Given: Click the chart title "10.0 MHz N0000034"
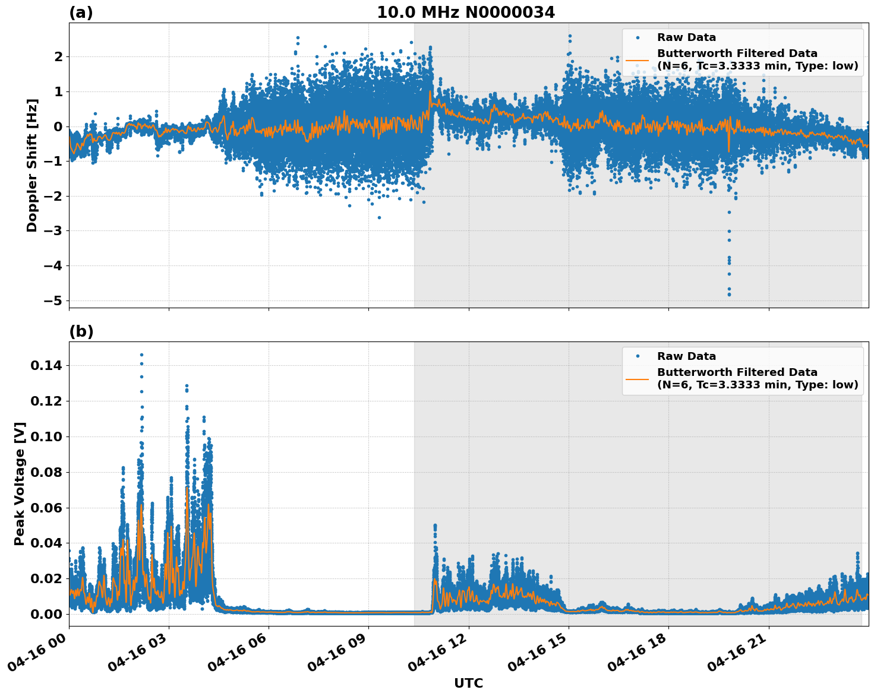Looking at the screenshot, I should (x=465, y=12).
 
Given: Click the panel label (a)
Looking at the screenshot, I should (x=81, y=12).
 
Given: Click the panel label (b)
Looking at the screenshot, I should (x=81, y=331).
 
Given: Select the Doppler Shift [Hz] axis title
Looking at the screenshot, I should (x=32, y=165).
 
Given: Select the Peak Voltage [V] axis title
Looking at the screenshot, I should (x=20, y=484).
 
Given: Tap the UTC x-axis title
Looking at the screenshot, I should (x=468, y=683).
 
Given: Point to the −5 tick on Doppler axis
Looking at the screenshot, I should (x=53, y=300).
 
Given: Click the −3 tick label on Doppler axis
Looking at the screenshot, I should (x=53, y=231).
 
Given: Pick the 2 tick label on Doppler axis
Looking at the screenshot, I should (x=58, y=57).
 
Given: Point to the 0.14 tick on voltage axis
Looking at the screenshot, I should (x=46, y=366).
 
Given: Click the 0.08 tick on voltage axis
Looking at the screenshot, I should (x=46, y=472).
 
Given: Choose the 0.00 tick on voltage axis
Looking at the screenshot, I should (x=46, y=614).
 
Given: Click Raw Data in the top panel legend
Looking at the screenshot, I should (x=686, y=37).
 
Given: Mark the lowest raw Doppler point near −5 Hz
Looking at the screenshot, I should (x=729, y=295).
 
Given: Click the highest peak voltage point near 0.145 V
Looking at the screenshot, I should (x=141, y=355).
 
